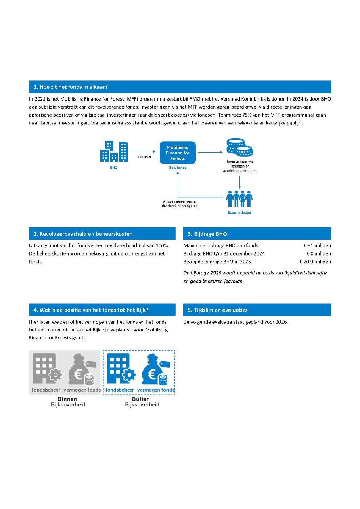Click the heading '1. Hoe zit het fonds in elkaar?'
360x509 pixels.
pos(71,87)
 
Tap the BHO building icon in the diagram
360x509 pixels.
pos(114,151)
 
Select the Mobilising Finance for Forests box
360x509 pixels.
pos(178,153)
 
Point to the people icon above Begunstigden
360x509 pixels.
pos(240,198)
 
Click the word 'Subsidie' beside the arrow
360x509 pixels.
pos(144,157)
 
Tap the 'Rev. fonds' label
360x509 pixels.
pos(178,167)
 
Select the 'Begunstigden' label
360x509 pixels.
pos(240,212)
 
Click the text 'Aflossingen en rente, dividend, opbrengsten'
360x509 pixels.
pos(180,203)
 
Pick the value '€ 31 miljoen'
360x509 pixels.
pos(317,245)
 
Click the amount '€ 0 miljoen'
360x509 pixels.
pos(318,253)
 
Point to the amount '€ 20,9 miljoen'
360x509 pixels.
pos(315,262)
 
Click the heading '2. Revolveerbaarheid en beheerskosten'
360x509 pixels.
pos(83,234)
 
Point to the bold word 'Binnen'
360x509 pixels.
pos(67,399)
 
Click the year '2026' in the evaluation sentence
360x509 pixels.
pos(281,322)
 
